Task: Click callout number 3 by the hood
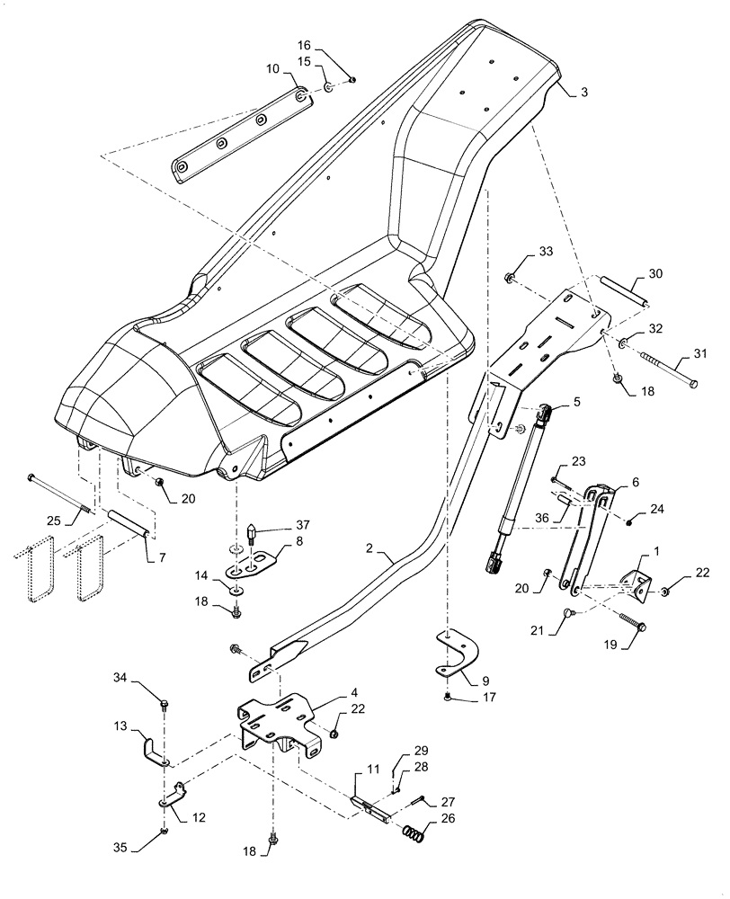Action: click(585, 92)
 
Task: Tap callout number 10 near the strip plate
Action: click(272, 67)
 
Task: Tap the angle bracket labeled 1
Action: click(637, 584)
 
